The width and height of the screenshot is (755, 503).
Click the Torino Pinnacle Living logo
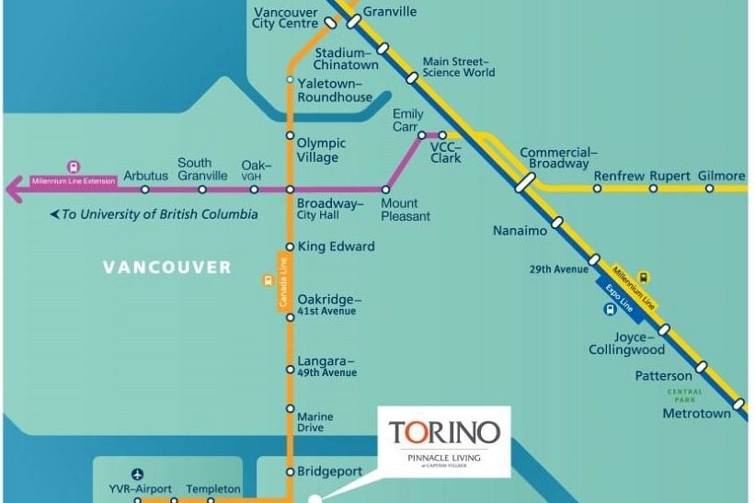click(444, 439)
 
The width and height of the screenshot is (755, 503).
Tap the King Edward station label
click(336, 246)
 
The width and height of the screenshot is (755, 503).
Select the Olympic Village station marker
click(290, 143)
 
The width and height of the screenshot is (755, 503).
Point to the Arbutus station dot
click(144, 189)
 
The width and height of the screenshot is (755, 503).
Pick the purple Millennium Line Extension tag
click(74, 181)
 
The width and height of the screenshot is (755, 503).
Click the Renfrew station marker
click(598, 189)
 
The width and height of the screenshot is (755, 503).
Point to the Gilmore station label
click(721, 176)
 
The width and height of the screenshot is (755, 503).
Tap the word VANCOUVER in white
click(167, 268)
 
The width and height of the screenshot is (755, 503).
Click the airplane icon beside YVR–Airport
click(138, 474)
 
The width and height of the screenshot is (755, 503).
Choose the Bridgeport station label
click(329, 472)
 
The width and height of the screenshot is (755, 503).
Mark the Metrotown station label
click(696, 414)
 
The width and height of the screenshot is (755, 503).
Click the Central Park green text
click(684, 395)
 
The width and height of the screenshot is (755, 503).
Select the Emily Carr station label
click(407, 120)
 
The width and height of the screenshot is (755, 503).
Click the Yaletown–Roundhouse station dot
click(290, 80)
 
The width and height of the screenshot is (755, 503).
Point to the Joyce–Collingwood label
click(626, 343)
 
